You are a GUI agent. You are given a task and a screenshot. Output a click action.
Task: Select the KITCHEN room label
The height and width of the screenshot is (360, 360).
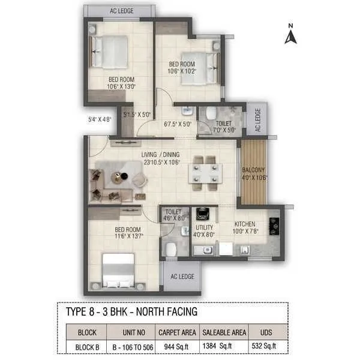[245, 223]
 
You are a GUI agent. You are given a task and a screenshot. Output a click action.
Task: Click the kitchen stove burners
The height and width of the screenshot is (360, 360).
[275, 224]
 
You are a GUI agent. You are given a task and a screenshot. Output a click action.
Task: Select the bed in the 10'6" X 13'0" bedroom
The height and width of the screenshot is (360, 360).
[109, 52]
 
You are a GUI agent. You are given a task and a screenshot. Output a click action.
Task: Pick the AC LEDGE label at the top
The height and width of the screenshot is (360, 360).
[121, 10]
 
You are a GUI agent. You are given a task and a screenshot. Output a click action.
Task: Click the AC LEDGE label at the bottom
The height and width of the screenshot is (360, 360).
[182, 276]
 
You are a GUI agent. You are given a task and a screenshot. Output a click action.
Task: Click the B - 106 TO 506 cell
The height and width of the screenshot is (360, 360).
[130, 346]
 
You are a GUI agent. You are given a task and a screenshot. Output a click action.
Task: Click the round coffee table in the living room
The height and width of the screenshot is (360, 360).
[118, 176]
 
